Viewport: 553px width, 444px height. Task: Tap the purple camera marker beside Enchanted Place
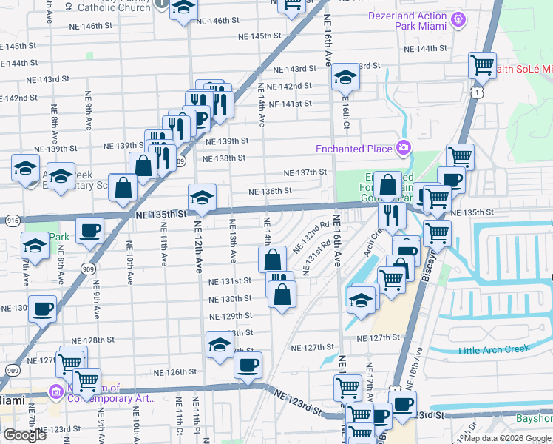click(x=404, y=149)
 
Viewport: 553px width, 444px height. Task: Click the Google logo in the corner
click(x=24, y=435)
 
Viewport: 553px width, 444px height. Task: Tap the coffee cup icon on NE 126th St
click(x=248, y=363)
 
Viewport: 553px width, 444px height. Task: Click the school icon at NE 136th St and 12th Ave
click(x=202, y=196)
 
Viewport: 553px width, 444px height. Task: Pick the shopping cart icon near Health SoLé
click(x=482, y=65)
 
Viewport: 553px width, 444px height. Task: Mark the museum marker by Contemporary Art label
click(x=56, y=391)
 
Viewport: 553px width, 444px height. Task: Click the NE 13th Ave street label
click(x=232, y=241)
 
